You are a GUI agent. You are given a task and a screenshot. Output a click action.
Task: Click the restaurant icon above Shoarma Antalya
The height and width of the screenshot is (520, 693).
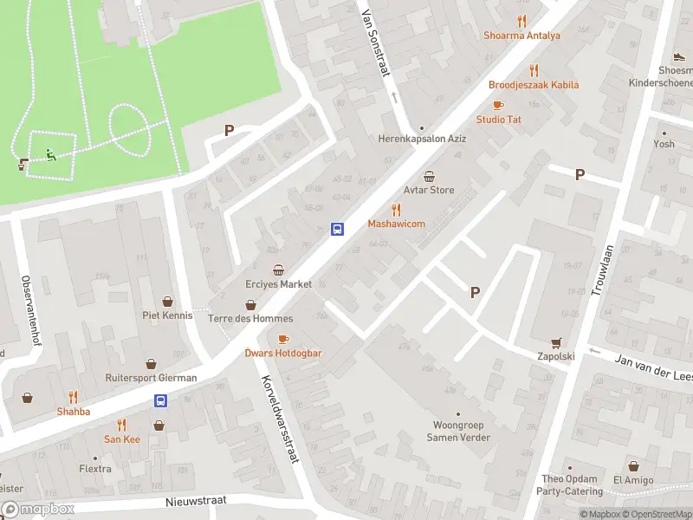(x=521, y=21)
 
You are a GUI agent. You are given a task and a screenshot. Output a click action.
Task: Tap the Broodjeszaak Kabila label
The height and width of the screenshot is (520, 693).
(x=534, y=85)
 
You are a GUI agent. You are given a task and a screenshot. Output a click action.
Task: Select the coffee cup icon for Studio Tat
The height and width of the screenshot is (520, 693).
(x=497, y=105)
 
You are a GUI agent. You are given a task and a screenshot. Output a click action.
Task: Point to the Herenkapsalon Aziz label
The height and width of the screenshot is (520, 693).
(x=421, y=139)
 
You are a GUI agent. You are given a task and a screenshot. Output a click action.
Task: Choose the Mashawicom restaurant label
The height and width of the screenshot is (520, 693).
(x=396, y=224)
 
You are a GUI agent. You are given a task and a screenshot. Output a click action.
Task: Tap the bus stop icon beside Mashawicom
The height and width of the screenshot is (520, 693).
(x=337, y=229)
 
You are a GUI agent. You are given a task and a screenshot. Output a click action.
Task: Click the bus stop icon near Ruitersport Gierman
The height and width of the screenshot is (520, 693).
(x=160, y=400)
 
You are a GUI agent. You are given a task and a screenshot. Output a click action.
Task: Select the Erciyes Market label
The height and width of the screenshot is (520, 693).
(x=278, y=284)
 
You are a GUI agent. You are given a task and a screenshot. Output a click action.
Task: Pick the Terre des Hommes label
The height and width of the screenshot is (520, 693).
(x=250, y=318)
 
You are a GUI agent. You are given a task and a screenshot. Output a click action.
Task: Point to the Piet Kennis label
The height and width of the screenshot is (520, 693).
(x=168, y=315)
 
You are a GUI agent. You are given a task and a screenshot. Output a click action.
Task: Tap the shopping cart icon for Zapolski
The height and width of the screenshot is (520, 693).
(x=556, y=342)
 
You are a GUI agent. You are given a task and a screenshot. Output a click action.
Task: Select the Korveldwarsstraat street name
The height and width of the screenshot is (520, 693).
(x=279, y=419)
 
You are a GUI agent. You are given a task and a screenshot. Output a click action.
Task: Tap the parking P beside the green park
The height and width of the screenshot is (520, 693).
(x=229, y=130)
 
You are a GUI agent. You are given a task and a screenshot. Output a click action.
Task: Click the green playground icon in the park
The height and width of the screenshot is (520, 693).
(x=50, y=156)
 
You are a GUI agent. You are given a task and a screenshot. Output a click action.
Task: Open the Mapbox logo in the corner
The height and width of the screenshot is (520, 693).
(x=38, y=510)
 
